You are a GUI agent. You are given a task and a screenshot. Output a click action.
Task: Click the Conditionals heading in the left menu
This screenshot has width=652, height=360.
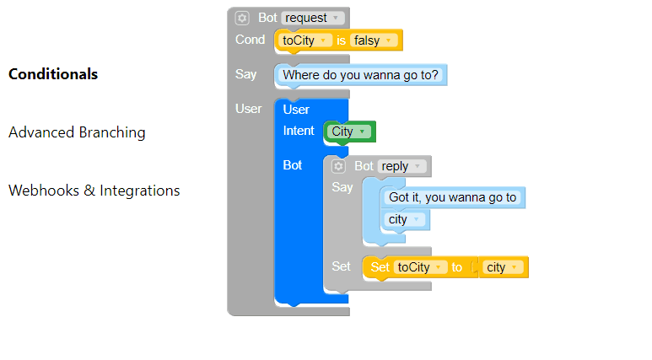pyautogui.click(x=53, y=74)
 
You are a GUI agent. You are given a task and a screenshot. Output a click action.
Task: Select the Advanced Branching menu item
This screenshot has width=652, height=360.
pyautogui.click(x=77, y=132)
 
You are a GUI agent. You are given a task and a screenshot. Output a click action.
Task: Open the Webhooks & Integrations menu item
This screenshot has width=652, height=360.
pyautogui.click(x=94, y=191)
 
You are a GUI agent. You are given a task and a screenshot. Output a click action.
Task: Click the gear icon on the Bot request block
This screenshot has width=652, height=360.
pyautogui.click(x=242, y=18)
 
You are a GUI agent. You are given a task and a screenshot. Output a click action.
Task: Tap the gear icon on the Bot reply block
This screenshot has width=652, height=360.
pyautogui.click(x=338, y=166)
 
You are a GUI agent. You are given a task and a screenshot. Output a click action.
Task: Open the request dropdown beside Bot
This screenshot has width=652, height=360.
pyautogui.click(x=313, y=18)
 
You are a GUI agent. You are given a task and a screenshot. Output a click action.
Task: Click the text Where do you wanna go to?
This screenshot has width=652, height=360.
pyautogui.click(x=360, y=75)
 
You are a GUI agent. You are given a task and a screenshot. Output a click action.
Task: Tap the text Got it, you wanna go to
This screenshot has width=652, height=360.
pyautogui.click(x=452, y=197)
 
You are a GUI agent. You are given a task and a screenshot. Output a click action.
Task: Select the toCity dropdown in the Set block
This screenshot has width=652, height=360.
pyautogui.click(x=420, y=267)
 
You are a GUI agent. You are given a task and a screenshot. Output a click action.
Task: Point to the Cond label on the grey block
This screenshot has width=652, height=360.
pyautogui.click(x=250, y=40)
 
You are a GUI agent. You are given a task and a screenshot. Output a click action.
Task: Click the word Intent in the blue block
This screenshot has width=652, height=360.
pyautogui.click(x=299, y=131)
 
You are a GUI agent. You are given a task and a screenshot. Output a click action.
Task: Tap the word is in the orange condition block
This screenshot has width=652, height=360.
pyautogui.click(x=341, y=40)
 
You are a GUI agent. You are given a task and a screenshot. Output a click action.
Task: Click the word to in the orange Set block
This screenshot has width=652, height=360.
pyautogui.click(x=456, y=267)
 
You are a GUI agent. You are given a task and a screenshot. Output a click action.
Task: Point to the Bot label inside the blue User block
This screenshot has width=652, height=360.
pyautogui.click(x=293, y=165)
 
